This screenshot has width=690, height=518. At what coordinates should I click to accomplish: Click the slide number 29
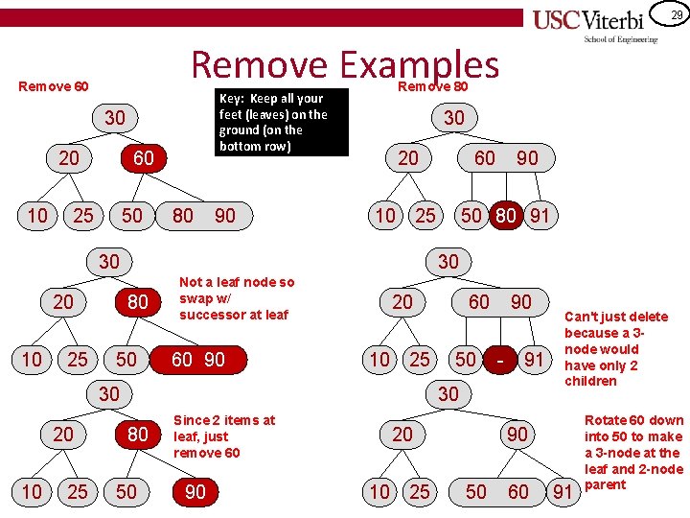[677, 14]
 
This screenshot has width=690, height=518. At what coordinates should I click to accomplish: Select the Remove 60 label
[54, 86]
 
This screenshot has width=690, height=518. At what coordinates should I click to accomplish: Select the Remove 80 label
[433, 85]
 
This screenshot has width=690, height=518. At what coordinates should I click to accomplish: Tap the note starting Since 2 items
[224, 436]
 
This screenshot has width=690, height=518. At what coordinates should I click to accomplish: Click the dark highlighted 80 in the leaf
[505, 216]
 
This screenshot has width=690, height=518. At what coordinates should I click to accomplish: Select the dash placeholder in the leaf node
[500, 360]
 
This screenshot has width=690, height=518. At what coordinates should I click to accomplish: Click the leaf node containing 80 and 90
[203, 216]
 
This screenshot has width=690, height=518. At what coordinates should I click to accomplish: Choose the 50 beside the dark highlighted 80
[471, 216]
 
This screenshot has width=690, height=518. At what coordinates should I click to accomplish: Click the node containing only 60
[143, 158]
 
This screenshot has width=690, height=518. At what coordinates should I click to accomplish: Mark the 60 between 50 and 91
[517, 492]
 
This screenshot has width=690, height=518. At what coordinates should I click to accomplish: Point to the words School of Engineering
[621, 39]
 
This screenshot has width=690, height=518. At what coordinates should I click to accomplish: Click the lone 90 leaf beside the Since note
[195, 492]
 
